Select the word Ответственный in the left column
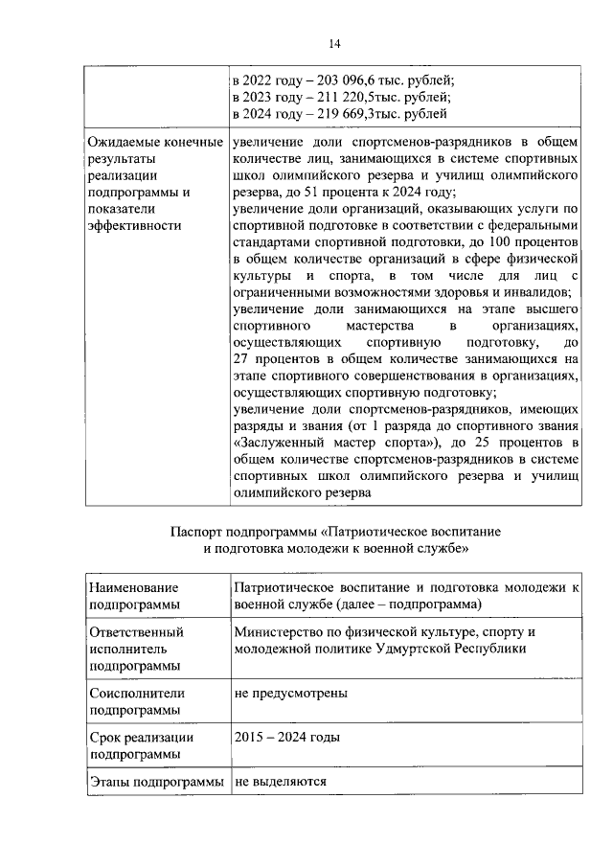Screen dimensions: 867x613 click(x=135, y=633)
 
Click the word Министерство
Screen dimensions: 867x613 click(x=278, y=633)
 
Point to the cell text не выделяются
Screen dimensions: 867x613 click(x=281, y=781)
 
